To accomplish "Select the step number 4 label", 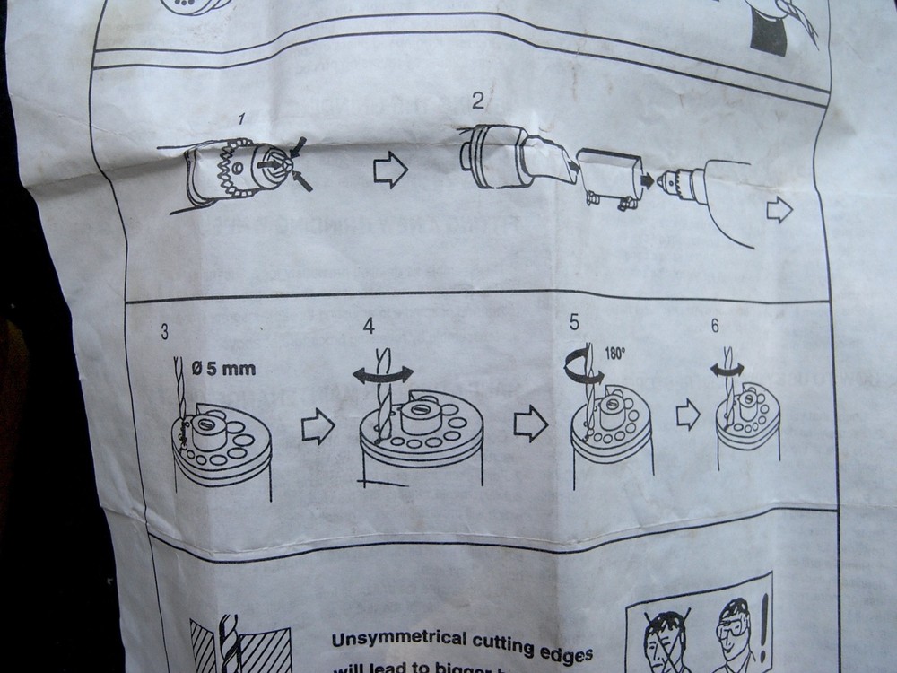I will point(369,326).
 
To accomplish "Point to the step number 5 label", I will point(574,322).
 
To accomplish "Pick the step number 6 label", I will point(714,326).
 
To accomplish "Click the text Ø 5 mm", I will point(223,368).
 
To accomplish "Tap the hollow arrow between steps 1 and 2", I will point(390,170).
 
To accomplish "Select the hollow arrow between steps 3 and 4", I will point(318,428).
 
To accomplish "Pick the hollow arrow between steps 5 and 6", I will point(688,414).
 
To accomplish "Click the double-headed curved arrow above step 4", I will point(383,374).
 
